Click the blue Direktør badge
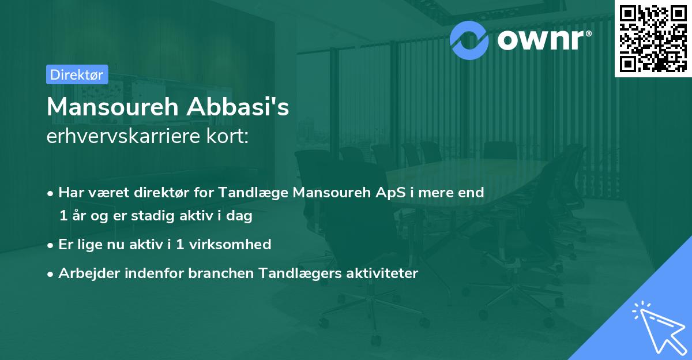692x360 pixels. [x=77, y=74]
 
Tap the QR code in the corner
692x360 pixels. [x=653, y=38]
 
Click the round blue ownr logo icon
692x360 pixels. [x=470, y=39]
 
